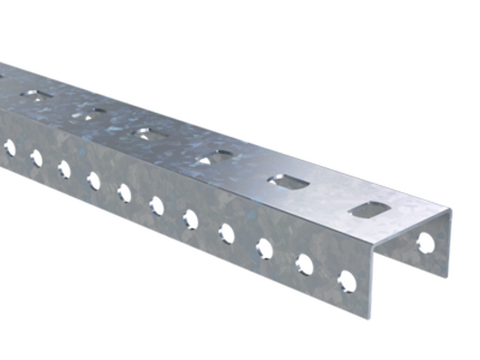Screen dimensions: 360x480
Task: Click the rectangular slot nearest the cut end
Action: [x=367, y=210]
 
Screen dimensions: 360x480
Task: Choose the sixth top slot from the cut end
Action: [x=36, y=95]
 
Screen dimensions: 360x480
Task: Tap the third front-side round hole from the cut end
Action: [x=263, y=249]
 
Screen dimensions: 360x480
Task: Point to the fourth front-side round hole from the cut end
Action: [x=226, y=233]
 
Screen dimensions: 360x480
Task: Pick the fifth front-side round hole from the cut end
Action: [x=189, y=219]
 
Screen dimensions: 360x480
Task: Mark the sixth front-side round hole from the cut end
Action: [x=156, y=206]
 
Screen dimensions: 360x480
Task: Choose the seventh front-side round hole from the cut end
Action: [x=123, y=193]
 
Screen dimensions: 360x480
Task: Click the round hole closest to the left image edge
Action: [x=8, y=148]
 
